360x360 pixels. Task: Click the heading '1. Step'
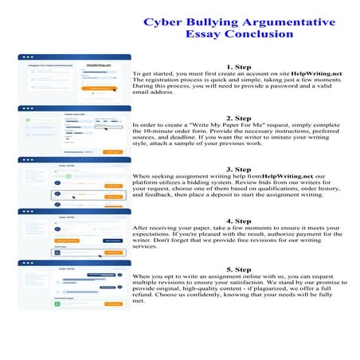click(239, 67)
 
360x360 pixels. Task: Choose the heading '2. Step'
click(239, 118)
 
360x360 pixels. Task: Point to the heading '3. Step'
click(239, 169)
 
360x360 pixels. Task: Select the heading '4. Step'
click(239, 220)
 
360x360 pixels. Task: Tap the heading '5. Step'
click(239, 269)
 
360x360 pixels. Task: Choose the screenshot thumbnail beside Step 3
click(74, 181)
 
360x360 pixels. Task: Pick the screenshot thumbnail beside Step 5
click(74, 284)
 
